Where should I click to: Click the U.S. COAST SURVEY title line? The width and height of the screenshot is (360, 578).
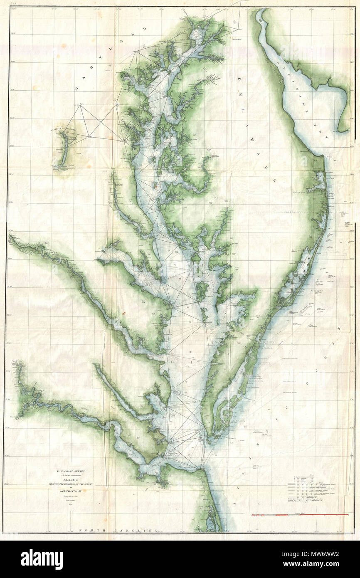71,471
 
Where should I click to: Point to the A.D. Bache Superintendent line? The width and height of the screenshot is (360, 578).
71,475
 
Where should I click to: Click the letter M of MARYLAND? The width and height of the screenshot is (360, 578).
76,89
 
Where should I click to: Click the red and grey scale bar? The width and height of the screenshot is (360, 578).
300,515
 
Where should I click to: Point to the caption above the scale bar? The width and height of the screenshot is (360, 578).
300,512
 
